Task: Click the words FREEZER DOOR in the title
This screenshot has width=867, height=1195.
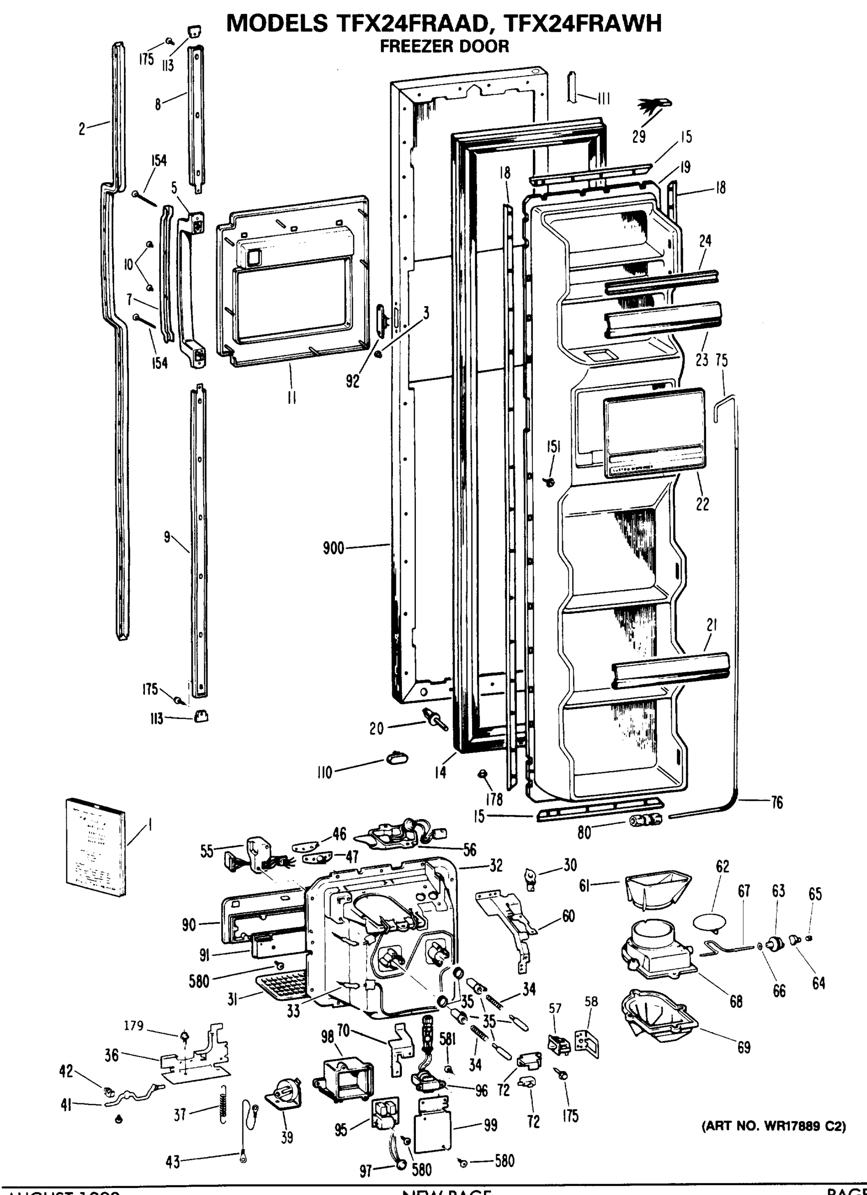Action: tap(444, 46)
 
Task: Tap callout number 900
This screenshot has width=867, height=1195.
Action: tap(333, 549)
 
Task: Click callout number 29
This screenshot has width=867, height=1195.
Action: tap(639, 137)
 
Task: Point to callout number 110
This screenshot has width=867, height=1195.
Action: tap(324, 773)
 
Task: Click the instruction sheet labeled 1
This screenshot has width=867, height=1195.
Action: tap(96, 846)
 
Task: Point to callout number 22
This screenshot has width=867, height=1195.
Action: tap(702, 504)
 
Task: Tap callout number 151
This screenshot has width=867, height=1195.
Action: tap(553, 447)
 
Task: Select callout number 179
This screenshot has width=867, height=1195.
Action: tap(134, 1026)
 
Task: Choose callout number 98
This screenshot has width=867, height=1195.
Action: tap(327, 1036)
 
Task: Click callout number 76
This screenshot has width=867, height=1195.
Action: tap(777, 803)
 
